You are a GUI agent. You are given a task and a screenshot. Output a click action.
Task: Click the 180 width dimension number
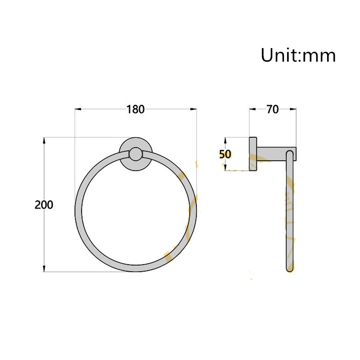click(x=135, y=109)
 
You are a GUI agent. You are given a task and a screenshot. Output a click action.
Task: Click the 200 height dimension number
click(x=44, y=205)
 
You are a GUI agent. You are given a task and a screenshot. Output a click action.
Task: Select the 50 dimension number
click(x=225, y=154)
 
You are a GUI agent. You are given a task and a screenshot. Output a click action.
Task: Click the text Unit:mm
click(x=298, y=56)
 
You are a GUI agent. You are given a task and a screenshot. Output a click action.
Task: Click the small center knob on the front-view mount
click(x=135, y=155)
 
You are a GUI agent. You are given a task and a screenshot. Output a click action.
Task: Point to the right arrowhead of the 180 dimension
click(x=194, y=109)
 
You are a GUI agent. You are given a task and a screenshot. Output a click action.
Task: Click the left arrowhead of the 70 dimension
click(x=252, y=109)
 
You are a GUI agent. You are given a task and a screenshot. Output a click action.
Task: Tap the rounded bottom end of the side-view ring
click(x=290, y=269)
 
